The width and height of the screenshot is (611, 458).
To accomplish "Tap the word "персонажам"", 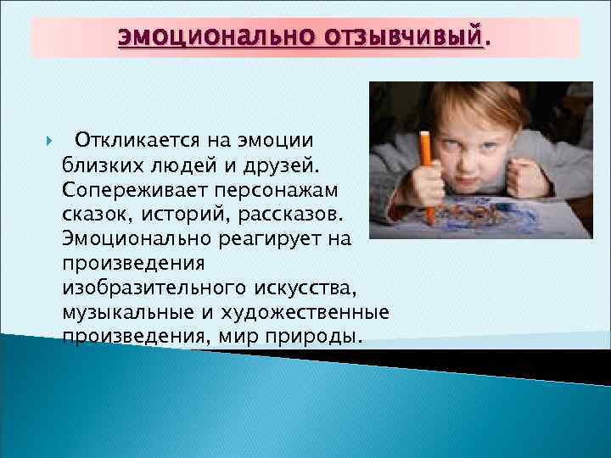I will pyautogui.click(x=267, y=185).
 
